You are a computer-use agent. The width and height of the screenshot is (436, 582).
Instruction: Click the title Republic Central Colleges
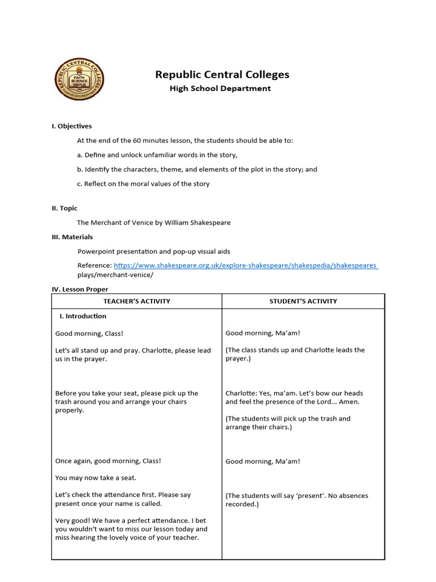click(222, 74)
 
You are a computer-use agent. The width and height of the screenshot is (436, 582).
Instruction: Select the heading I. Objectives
click(72, 126)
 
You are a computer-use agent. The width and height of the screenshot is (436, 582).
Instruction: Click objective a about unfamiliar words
click(157, 155)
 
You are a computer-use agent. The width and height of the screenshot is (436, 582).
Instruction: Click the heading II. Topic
click(65, 209)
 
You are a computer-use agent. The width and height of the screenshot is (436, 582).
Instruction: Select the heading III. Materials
click(72, 237)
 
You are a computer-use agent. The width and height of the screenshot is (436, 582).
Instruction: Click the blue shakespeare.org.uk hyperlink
click(245, 265)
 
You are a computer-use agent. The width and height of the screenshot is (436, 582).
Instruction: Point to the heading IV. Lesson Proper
click(79, 289)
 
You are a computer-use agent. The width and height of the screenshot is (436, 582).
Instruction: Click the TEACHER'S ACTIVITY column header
click(137, 301)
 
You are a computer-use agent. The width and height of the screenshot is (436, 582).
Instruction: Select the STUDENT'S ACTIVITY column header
click(303, 301)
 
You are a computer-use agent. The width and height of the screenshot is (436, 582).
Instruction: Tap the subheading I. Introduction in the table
click(83, 316)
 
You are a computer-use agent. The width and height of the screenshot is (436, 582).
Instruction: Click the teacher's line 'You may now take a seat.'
click(96, 478)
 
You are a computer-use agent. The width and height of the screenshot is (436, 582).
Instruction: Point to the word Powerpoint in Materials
click(97, 251)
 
